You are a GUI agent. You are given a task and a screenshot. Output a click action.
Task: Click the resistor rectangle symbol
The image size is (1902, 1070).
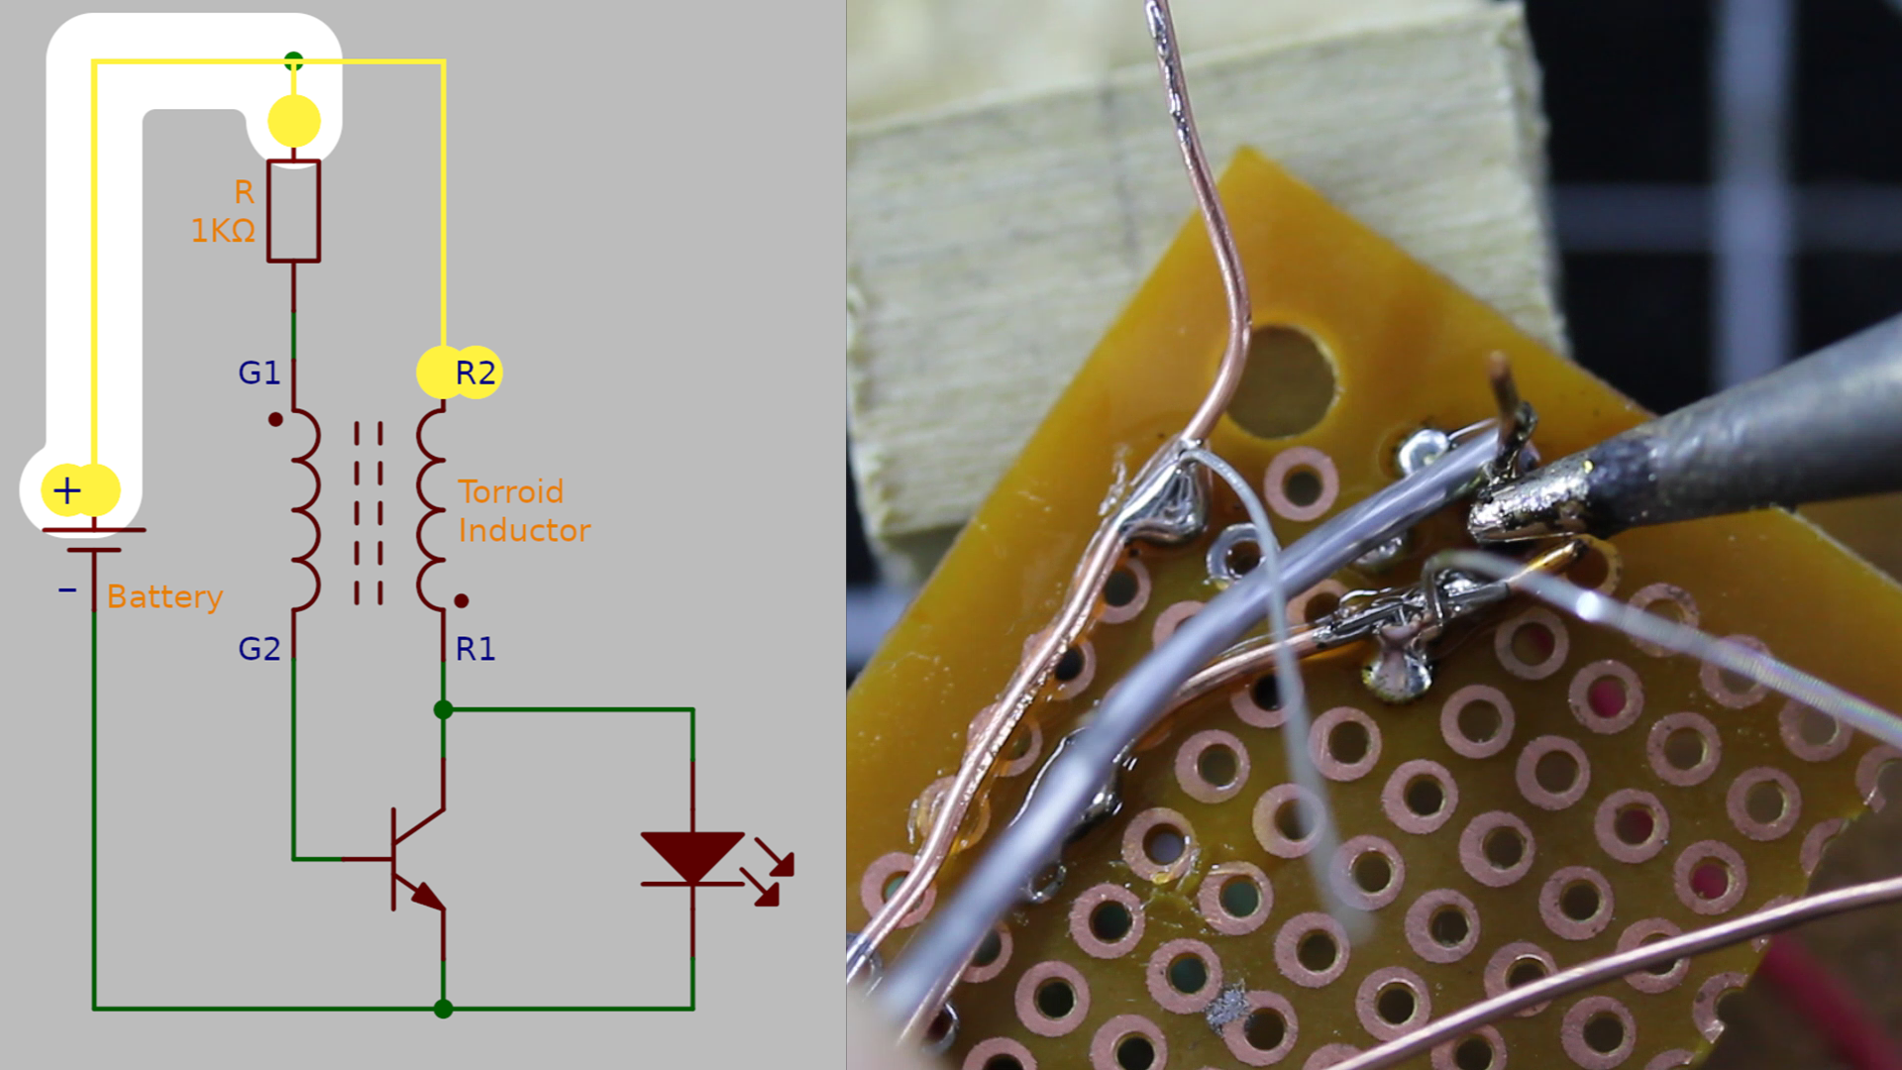(x=293, y=211)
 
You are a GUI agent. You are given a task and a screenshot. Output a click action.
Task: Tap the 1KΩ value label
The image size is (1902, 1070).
(x=223, y=231)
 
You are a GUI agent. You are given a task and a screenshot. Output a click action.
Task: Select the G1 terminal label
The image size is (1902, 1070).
(x=260, y=373)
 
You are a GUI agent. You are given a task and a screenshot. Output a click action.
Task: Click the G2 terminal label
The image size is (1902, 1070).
(x=260, y=649)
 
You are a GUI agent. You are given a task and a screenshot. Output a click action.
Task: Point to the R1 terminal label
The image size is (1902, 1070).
(x=475, y=649)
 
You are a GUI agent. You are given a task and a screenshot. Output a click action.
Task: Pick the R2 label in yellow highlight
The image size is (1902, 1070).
(x=475, y=373)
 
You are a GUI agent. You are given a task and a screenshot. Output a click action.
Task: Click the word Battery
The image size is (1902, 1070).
(x=164, y=596)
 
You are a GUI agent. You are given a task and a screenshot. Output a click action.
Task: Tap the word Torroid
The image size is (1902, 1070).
(x=510, y=491)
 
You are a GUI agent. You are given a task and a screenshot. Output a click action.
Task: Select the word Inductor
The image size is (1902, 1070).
(x=524, y=530)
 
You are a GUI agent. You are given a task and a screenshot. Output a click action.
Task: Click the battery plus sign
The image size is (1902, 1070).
(x=67, y=490)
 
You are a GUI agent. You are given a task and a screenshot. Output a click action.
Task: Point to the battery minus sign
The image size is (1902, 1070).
(x=67, y=590)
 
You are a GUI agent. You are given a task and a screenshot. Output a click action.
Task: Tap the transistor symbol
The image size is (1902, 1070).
(x=416, y=859)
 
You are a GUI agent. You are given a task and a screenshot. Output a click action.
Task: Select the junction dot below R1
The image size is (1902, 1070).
(x=444, y=709)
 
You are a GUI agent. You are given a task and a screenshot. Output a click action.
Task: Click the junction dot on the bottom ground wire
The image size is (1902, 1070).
(x=444, y=1009)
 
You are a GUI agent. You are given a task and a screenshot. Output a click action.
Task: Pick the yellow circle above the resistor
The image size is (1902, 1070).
(x=294, y=121)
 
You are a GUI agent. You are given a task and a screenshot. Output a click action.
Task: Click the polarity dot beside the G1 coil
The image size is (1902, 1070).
(x=275, y=419)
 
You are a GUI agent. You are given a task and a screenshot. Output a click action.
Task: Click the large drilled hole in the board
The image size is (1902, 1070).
(x=1284, y=381)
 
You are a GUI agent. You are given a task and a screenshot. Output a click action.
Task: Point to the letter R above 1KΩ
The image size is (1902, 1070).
(x=244, y=191)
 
